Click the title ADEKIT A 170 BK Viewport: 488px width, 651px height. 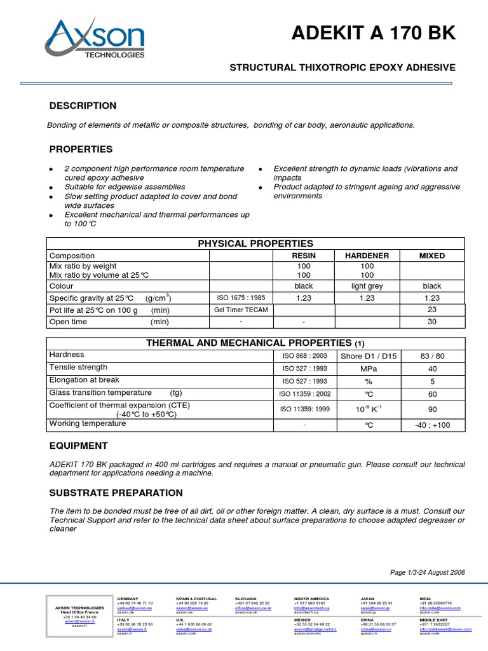374,34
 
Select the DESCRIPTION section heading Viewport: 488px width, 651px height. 83,106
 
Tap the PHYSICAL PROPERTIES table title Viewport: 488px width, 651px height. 255,243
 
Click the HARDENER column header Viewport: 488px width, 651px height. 367,256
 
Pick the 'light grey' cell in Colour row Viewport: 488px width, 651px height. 367,286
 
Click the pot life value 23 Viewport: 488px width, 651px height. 432,310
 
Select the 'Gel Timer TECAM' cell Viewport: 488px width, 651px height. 241,310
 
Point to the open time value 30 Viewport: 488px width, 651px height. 432,322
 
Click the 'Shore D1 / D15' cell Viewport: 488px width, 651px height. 369,356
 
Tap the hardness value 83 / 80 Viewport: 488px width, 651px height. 432,356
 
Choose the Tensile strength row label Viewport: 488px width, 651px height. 78,367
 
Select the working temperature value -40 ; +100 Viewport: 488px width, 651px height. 432,425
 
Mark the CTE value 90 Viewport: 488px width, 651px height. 432,409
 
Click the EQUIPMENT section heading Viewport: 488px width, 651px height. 78,446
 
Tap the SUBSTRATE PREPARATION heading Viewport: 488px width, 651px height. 116,493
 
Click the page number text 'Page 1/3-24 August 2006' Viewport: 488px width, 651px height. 427,572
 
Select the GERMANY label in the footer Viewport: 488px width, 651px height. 128,599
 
